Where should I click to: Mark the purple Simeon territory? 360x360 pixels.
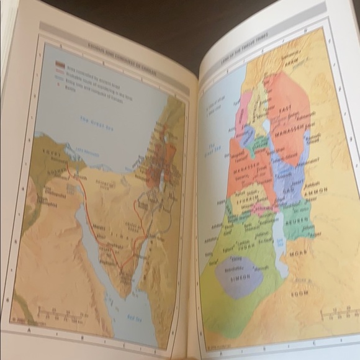[238, 277]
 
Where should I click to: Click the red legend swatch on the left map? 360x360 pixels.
[60, 63]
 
